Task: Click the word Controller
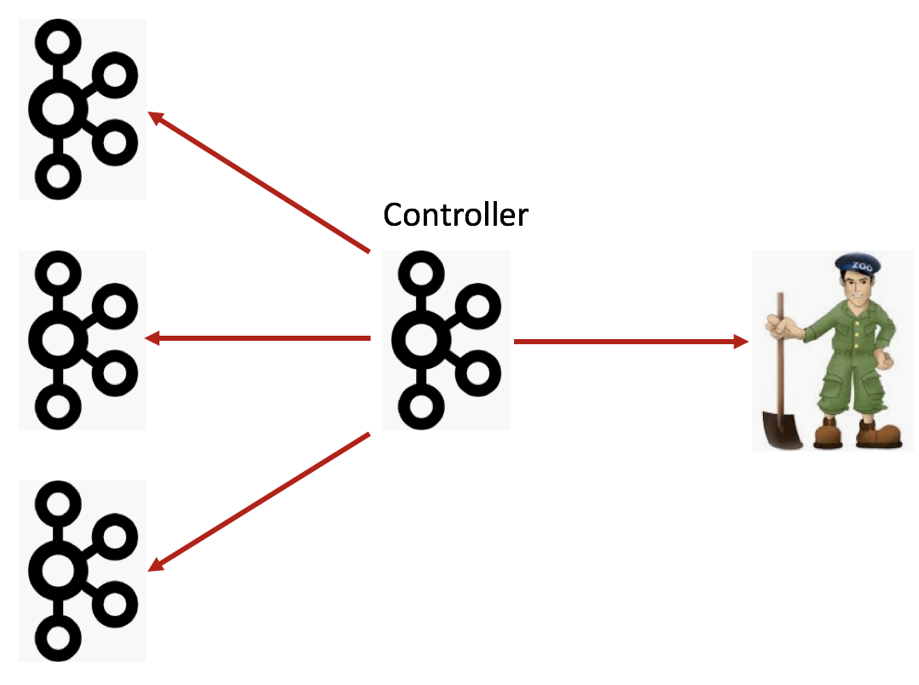click(x=455, y=215)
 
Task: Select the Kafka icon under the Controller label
click(x=445, y=341)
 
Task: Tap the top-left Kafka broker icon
click(x=83, y=109)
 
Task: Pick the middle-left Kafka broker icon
click(x=83, y=339)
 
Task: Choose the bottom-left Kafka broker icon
click(x=83, y=570)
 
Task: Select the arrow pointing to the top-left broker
click(x=259, y=182)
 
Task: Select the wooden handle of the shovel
click(x=779, y=349)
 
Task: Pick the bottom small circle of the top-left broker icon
click(x=58, y=176)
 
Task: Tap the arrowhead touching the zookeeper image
click(x=741, y=342)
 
